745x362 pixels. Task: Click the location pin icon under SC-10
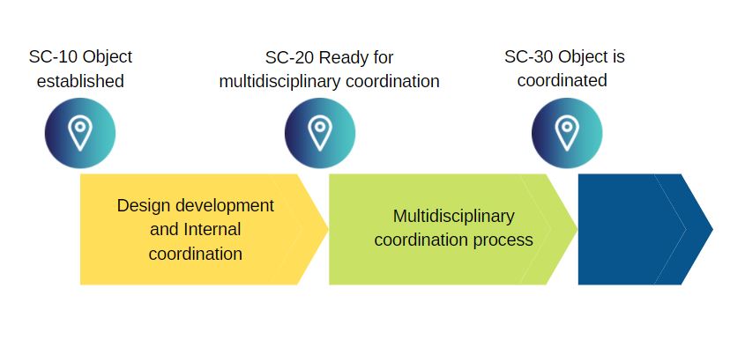click(x=80, y=133)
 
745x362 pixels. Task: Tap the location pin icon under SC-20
click(x=320, y=133)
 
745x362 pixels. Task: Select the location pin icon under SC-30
click(x=567, y=133)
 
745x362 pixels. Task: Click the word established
click(x=80, y=82)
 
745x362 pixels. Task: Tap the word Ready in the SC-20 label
click(x=345, y=58)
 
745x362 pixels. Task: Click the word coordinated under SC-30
click(x=562, y=81)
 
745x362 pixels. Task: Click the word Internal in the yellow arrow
click(x=212, y=230)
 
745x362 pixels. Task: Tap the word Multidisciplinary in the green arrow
click(x=453, y=217)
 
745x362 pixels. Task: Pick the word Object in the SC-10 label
click(x=108, y=57)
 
